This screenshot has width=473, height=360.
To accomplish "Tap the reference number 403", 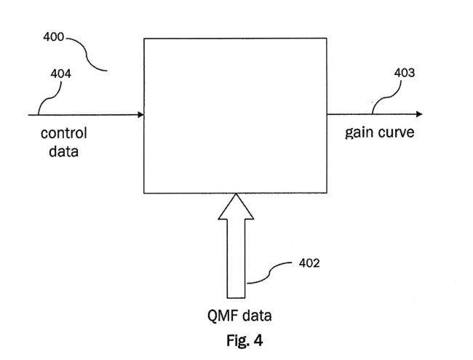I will tap(405, 72).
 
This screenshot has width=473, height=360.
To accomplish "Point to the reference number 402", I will tap(309, 263).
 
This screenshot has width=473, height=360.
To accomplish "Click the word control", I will tap(63, 134).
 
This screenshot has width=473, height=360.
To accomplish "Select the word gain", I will tap(359, 134).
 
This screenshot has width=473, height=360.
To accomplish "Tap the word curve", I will tap(396, 133).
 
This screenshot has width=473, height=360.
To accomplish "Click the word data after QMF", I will tap(258, 316).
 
